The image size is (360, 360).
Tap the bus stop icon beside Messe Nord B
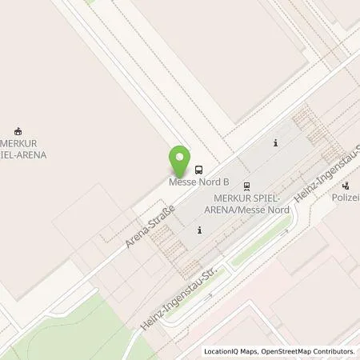click(198, 169)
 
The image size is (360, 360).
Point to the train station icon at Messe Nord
click(246, 186)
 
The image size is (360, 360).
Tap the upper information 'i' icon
click(275, 143)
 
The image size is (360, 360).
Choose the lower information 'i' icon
click(199, 230)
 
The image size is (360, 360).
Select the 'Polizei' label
click(346, 197)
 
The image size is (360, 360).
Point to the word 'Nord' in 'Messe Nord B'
click(202, 181)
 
